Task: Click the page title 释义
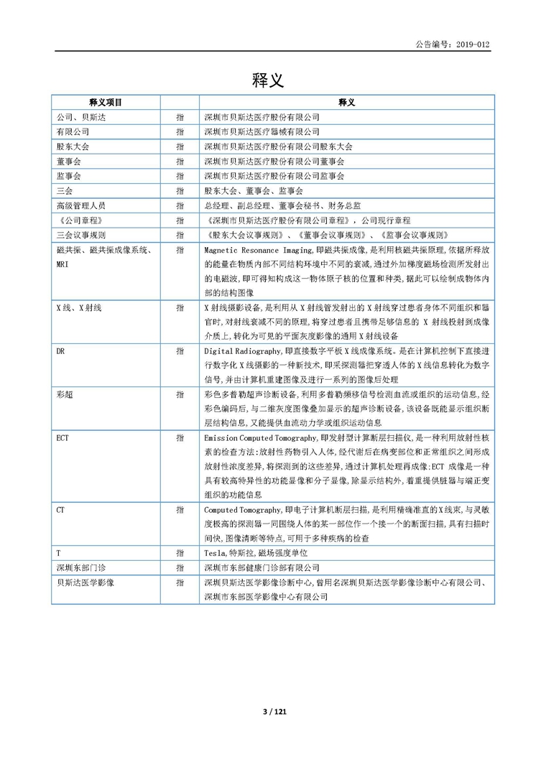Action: point(268,80)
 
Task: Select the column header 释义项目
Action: point(106,103)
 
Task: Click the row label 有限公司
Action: point(73,131)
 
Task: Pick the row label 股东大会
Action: point(73,147)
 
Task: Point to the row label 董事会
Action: point(68,161)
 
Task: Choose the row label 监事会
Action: point(68,176)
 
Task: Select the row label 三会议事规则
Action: point(80,235)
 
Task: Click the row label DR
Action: point(60,351)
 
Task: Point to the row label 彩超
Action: point(64,394)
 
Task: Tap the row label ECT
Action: point(63,437)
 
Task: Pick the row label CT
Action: point(60,509)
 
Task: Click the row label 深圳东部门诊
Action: point(80,567)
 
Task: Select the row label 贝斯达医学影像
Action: point(85,582)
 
